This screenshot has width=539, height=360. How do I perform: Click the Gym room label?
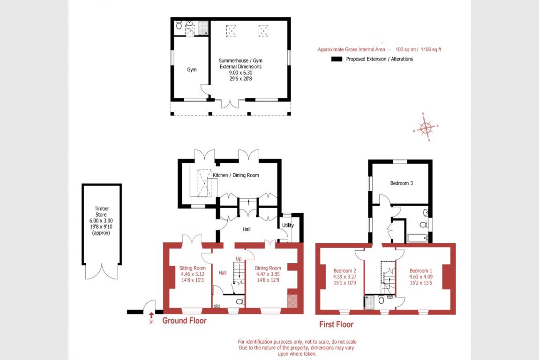coord(192,69)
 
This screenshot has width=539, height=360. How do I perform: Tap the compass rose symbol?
coord(426,127)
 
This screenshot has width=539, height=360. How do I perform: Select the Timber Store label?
coord(101,211)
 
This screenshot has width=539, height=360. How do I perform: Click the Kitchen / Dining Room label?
coord(236,175)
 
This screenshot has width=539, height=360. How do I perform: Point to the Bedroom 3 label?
coord(402,183)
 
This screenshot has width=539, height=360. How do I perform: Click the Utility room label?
coord(288,225)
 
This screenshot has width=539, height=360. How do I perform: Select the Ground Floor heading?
coord(185,321)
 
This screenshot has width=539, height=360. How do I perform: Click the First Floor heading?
coord(336,324)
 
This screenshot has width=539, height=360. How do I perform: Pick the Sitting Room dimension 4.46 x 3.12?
coord(193,274)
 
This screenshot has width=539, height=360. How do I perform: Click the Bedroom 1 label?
coord(421,270)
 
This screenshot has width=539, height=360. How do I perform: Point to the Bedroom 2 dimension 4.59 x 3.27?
coord(345,277)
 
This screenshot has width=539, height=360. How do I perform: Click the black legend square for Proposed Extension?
coord(337,59)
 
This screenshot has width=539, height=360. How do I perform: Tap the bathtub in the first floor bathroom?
coord(417,238)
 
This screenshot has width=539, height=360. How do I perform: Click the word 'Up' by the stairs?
coord(239,259)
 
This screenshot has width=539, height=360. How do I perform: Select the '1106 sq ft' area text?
coord(431,50)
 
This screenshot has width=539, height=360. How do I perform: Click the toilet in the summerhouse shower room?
coord(179,25)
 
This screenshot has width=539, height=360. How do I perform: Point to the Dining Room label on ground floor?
coord(268,268)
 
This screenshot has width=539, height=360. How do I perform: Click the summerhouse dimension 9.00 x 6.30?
coord(240,73)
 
